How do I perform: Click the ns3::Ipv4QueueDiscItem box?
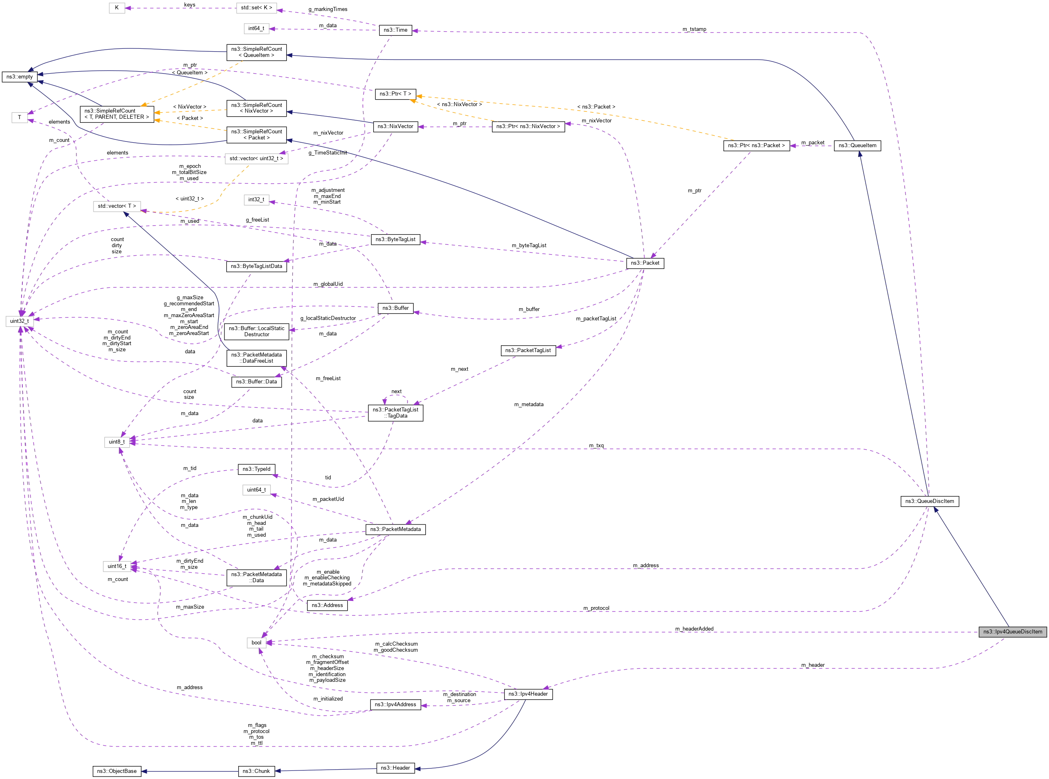click(x=1012, y=631)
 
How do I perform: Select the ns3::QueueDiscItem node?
click(x=929, y=501)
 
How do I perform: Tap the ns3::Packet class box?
click(x=645, y=263)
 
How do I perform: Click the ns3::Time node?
click(x=395, y=30)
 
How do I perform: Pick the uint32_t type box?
click(x=20, y=321)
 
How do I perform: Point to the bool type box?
click(x=256, y=642)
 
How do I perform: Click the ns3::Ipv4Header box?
click(x=528, y=694)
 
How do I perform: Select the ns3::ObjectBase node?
click(x=116, y=771)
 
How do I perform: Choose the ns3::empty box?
click(x=20, y=76)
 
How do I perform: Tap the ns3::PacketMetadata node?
click(x=395, y=529)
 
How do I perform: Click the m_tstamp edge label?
click(x=694, y=29)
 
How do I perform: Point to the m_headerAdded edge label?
click(x=694, y=629)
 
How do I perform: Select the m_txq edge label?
click(x=596, y=445)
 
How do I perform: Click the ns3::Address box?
click(x=327, y=605)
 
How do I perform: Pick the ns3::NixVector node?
click(x=395, y=126)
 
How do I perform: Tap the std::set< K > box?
click(x=256, y=8)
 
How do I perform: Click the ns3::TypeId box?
click(x=256, y=469)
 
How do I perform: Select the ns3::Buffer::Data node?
click(x=256, y=381)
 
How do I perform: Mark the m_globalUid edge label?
click(x=328, y=284)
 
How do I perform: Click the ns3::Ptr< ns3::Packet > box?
click(x=756, y=145)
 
